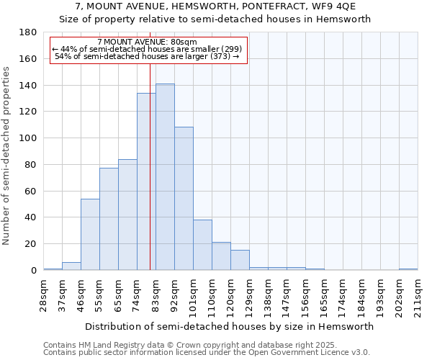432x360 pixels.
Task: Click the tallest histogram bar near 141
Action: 165,177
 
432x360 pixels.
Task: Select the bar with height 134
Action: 146,181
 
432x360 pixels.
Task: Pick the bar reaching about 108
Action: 184,199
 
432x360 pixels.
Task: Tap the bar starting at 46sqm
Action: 90,235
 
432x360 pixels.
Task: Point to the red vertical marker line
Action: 150,166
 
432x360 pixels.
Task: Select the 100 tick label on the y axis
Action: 28,138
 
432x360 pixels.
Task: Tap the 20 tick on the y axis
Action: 31,244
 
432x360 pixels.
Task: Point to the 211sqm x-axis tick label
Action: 418,295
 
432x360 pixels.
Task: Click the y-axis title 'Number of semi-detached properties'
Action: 7,156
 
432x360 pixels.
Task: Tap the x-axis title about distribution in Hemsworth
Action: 230,326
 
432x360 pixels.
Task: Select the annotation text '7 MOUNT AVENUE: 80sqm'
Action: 147,42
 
